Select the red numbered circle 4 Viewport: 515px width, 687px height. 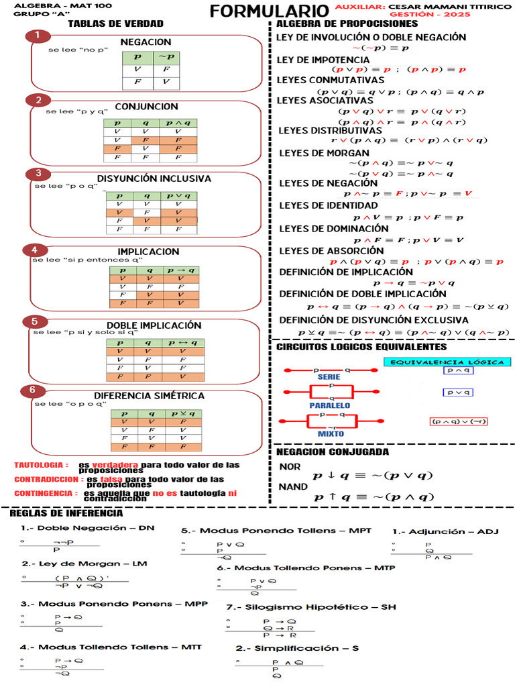click(x=34, y=250)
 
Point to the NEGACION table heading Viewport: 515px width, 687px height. click(x=146, y=42)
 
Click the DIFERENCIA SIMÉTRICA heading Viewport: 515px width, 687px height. click(x=149, y=396)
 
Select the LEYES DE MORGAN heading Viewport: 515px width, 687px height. click(x=324, y=152)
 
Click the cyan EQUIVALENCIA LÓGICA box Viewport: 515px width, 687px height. click(x=447, y=362)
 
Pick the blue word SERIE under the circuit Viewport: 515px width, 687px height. click(x=329, y=377)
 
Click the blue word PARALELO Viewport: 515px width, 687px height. click(x=329, y=405)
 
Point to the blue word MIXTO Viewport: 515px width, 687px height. click(x=331, y=433)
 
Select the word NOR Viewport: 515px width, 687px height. click(x=290, y=466)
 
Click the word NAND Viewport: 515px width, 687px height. click(x=293, y=486)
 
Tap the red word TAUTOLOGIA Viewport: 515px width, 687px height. click(x=41, y=465)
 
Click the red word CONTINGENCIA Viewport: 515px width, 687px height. click(x=44, y=493)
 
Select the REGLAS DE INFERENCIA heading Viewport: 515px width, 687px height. click(x=66, y=513)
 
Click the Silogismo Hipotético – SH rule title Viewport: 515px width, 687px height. click(x=310, y=606)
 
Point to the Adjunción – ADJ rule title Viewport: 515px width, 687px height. click(x=445, y=531)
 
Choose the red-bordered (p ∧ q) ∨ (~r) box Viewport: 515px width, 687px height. click(x=459, y=421)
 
